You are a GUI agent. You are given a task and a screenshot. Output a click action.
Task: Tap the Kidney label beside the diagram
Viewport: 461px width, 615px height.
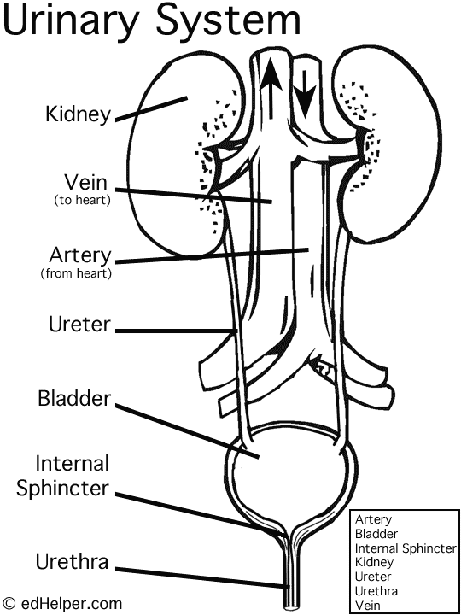click(x=78, y=114)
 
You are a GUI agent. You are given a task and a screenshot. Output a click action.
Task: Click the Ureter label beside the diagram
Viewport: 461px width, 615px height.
click(x=78, y=328)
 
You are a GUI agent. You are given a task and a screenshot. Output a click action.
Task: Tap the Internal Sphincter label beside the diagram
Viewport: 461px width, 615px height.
click(x=73, y=477)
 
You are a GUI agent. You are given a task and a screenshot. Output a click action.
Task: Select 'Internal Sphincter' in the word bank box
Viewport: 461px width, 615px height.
click(x=406, y=548)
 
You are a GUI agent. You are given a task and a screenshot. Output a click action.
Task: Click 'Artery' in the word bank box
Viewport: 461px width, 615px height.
click(x=373, y=519)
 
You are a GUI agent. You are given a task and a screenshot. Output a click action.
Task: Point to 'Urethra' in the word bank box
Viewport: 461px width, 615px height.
click(x=376, y=590)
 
